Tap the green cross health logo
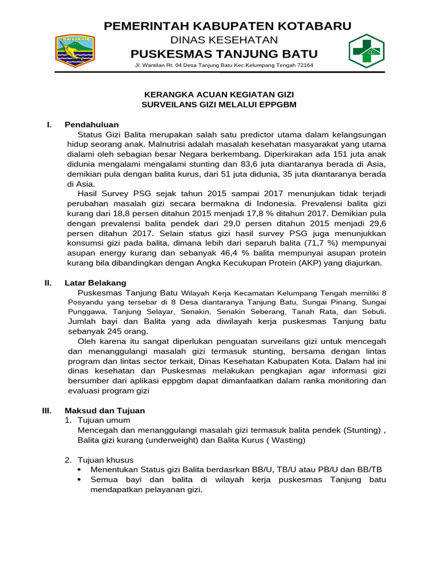(366, 50)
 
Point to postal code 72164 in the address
(303, 66)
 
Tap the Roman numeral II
(48, 283)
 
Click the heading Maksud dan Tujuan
(105, 410)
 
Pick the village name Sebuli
(372, 312)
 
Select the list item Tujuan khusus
(106, 460)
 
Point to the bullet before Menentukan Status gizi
(79, 469)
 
